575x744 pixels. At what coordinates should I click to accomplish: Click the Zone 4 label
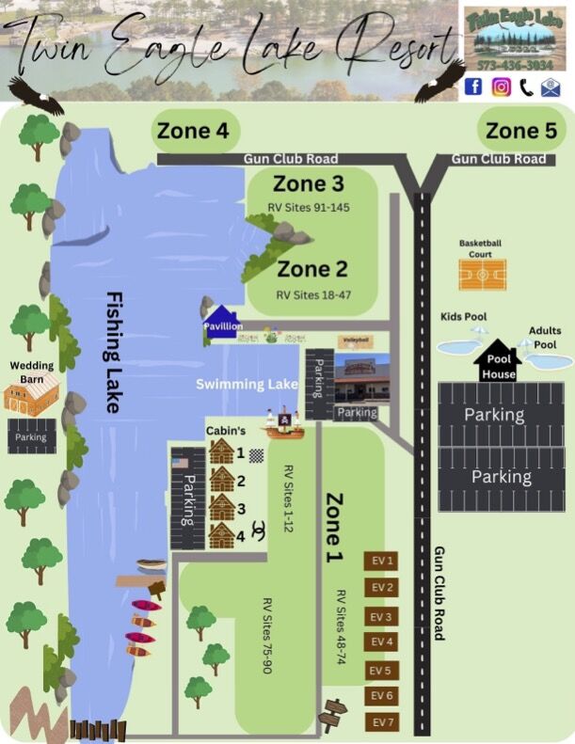193,132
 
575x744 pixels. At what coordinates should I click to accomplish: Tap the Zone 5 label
521,131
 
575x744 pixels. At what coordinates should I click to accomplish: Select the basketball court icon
481,275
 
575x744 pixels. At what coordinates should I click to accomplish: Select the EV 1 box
381,562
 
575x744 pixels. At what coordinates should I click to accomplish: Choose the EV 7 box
381,722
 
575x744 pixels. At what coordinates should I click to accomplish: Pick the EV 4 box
381,642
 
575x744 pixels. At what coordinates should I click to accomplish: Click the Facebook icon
473,87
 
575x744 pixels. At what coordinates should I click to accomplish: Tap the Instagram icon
501,87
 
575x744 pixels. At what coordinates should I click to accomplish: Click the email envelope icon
551,87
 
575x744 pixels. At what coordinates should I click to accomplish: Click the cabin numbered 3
221,508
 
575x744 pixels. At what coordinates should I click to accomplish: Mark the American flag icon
181,461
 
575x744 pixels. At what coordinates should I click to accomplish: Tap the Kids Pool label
463,317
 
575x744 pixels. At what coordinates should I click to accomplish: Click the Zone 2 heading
312,269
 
